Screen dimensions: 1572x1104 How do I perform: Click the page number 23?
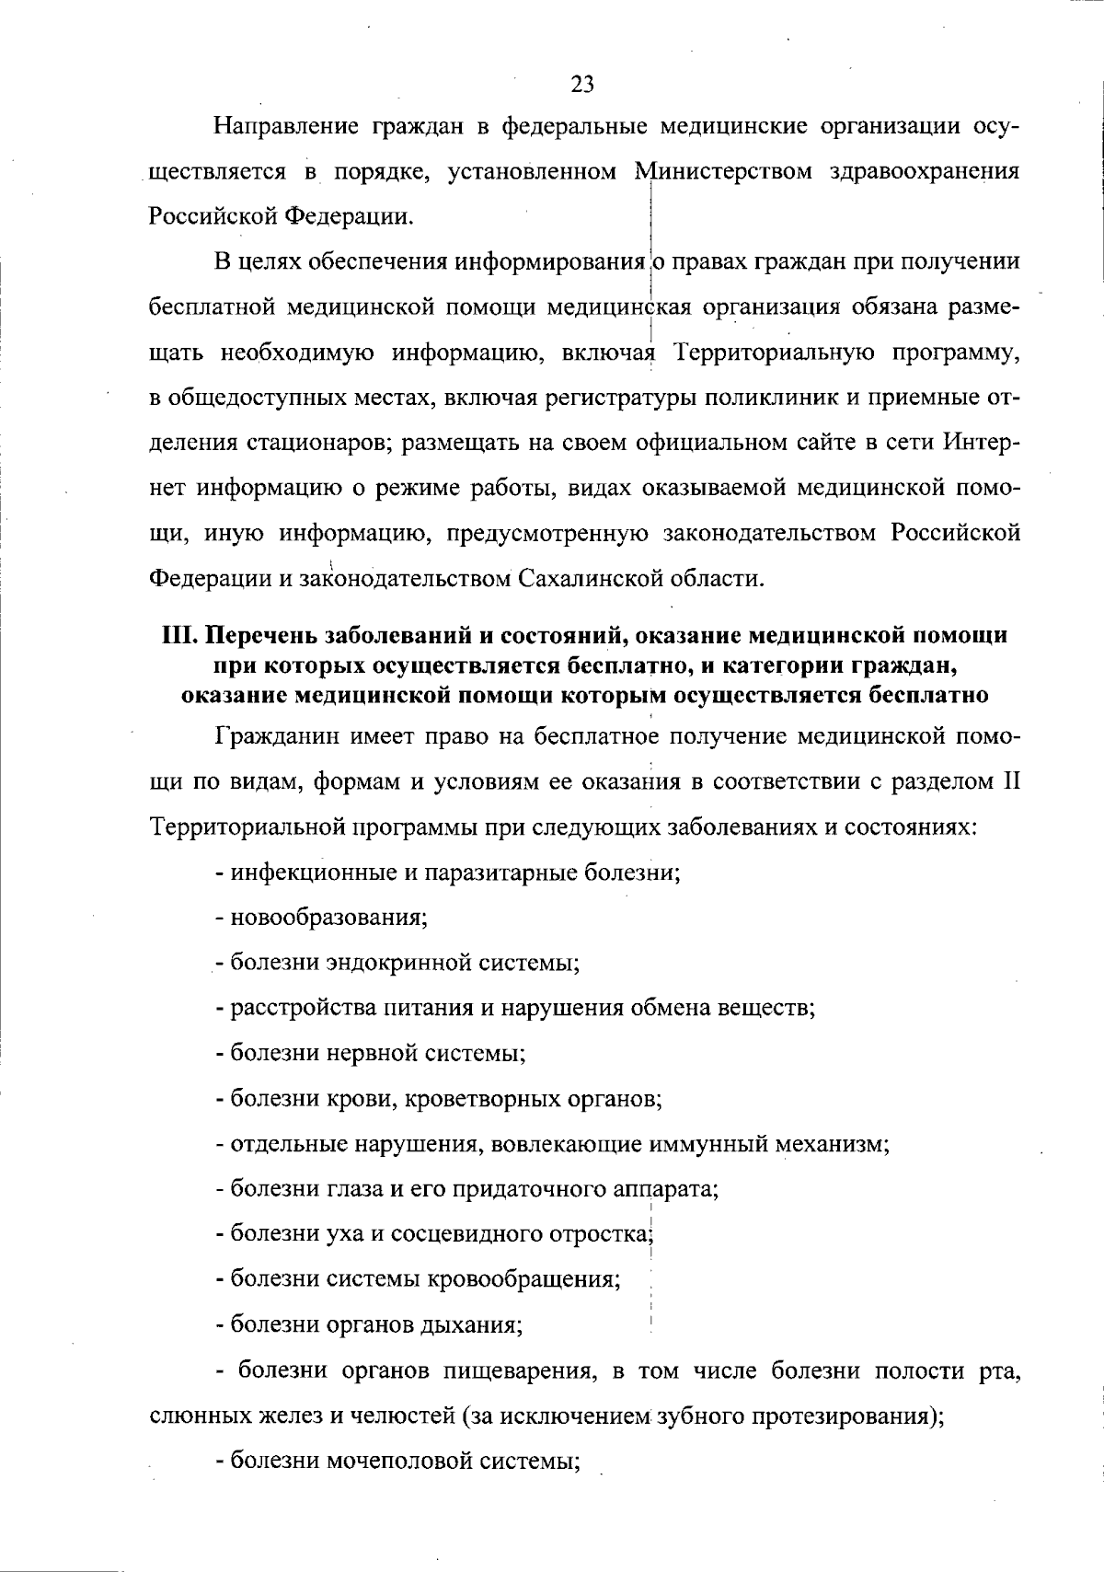[582, 85]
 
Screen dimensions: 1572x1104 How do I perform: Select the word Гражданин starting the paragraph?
[276, 737]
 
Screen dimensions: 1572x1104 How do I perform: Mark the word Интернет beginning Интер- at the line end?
[981, 443]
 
